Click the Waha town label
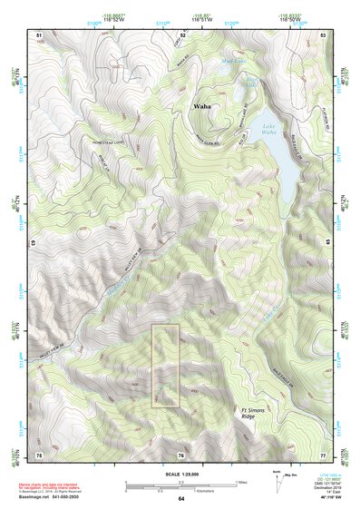[x=202, y=107]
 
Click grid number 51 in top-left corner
[x=39, y=34]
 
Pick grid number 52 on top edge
[x=182, y=34]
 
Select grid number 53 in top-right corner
[x=323, y=34]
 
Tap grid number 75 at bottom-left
[x=39, y=454]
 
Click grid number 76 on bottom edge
[x=181, y=454]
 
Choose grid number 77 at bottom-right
[x=323, y=454]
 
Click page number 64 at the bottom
[x=180, y=500]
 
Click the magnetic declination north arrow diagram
[x=276, y=482]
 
